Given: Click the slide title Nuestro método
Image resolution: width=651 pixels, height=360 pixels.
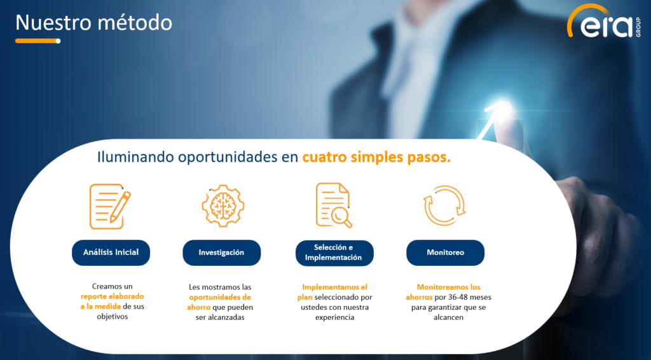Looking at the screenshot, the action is [x=94, y=22].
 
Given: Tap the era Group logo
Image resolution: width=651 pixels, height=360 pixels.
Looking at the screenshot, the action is [x=604, y=21].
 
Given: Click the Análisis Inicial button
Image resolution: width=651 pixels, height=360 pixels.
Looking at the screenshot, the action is [x=111, y=253].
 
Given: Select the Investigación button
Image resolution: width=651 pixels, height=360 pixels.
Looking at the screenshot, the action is [x=222, y=253].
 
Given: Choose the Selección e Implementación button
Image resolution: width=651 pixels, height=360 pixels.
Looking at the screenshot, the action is [x=334, y=253].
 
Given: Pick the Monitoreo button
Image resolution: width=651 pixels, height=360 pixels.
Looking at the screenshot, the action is [x=446, y=253].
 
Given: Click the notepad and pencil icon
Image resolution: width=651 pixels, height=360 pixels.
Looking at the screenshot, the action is [x=110, y=206].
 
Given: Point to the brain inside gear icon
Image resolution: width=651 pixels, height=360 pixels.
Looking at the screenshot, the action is [x=223, y=205].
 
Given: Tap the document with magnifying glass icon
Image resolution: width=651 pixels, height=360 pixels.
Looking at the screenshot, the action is [x=334, y=205].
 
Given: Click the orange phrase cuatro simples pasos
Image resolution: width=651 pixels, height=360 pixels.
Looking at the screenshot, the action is [x=376, y=157].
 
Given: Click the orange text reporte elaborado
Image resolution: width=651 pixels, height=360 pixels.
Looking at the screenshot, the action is [x=113, y=296].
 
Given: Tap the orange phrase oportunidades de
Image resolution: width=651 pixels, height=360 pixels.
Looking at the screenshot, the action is [x=220, y=297].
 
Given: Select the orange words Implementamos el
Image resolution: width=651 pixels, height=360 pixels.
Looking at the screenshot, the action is [x=334, y=287].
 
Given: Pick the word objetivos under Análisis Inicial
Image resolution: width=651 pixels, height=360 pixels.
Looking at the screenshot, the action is [x=113, y=316].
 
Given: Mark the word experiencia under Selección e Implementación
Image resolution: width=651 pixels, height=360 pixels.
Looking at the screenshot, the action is [x=334, y=317].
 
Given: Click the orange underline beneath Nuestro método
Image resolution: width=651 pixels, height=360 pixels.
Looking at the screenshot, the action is [x=38, y=41].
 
